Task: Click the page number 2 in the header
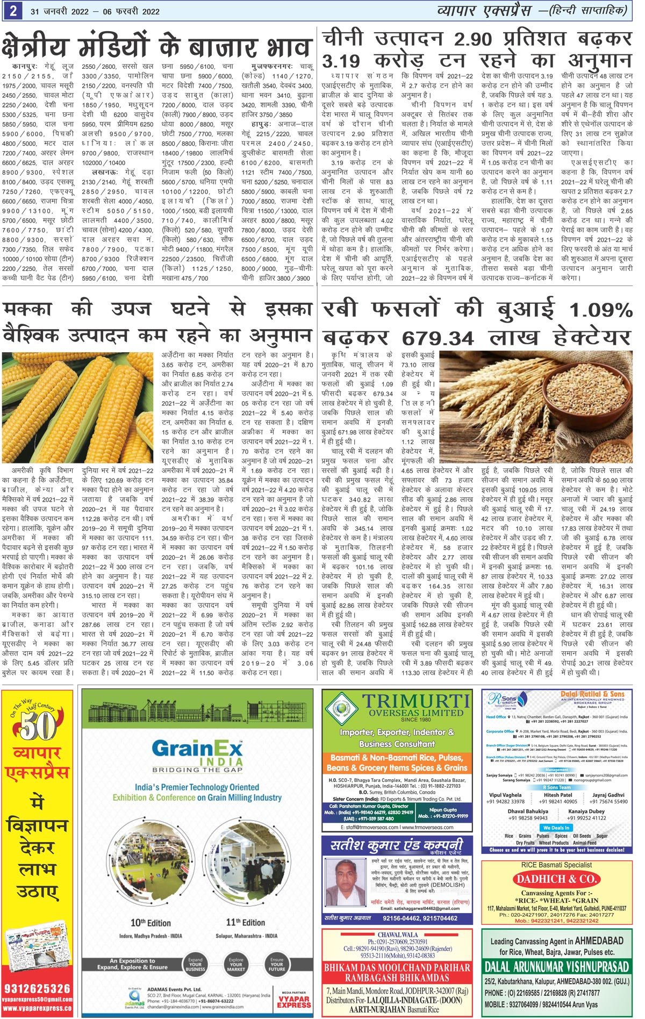point(12,11)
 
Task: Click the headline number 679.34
point(438,338)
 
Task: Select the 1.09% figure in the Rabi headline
point(600,311)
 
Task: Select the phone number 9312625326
point(37,988)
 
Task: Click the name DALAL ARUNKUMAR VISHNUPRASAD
point(556,966)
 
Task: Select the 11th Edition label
point(246,922)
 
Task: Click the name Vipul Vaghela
point(505,795)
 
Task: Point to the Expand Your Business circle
point(195,963)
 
